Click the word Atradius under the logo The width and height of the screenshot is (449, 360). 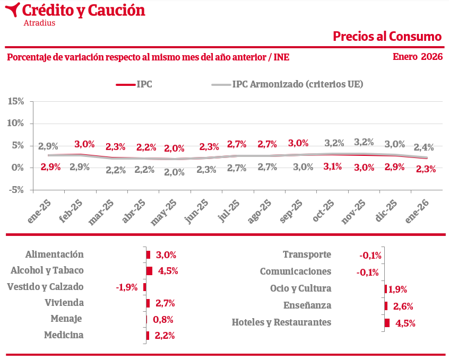39,23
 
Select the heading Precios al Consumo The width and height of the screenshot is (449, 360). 387,36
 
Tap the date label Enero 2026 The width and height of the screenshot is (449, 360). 418,57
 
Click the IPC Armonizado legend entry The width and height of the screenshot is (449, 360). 297,84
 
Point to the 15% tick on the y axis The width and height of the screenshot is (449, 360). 16,101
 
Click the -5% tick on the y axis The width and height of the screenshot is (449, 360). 16,189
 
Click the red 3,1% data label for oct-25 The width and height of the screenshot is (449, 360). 333,166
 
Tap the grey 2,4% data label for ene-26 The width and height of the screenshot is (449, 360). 424,147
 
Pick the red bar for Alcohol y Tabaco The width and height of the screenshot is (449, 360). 149,271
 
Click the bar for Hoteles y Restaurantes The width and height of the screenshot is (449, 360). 387,323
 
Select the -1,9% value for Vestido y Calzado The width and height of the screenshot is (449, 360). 127,287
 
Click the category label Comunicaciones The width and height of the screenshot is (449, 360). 295,271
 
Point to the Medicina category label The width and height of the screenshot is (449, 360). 64,335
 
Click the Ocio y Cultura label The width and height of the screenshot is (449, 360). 300,288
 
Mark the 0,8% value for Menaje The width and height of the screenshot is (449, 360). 163,320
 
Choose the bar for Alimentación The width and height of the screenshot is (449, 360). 148,255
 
